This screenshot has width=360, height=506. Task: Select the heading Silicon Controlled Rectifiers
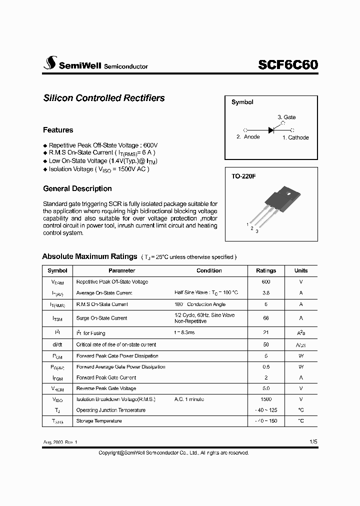(104, 98)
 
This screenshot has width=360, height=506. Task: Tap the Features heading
(58, 130)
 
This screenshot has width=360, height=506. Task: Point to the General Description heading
(77, 188)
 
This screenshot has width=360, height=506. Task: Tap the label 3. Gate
(286, 117)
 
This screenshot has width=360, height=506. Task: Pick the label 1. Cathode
(295, 137)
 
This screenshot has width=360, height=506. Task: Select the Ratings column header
(266, 270)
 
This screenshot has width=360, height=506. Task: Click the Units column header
(301, 270)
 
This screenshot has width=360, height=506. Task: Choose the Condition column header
(209, 270)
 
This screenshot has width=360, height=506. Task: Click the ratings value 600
(266, 282)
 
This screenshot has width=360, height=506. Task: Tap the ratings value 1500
(266, 399)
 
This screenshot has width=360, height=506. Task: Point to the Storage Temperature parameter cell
(99, 421)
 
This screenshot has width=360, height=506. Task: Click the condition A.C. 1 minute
(189, 399)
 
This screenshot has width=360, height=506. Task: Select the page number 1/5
(313, 442)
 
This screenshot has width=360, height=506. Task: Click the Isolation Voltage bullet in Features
(98, 169)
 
